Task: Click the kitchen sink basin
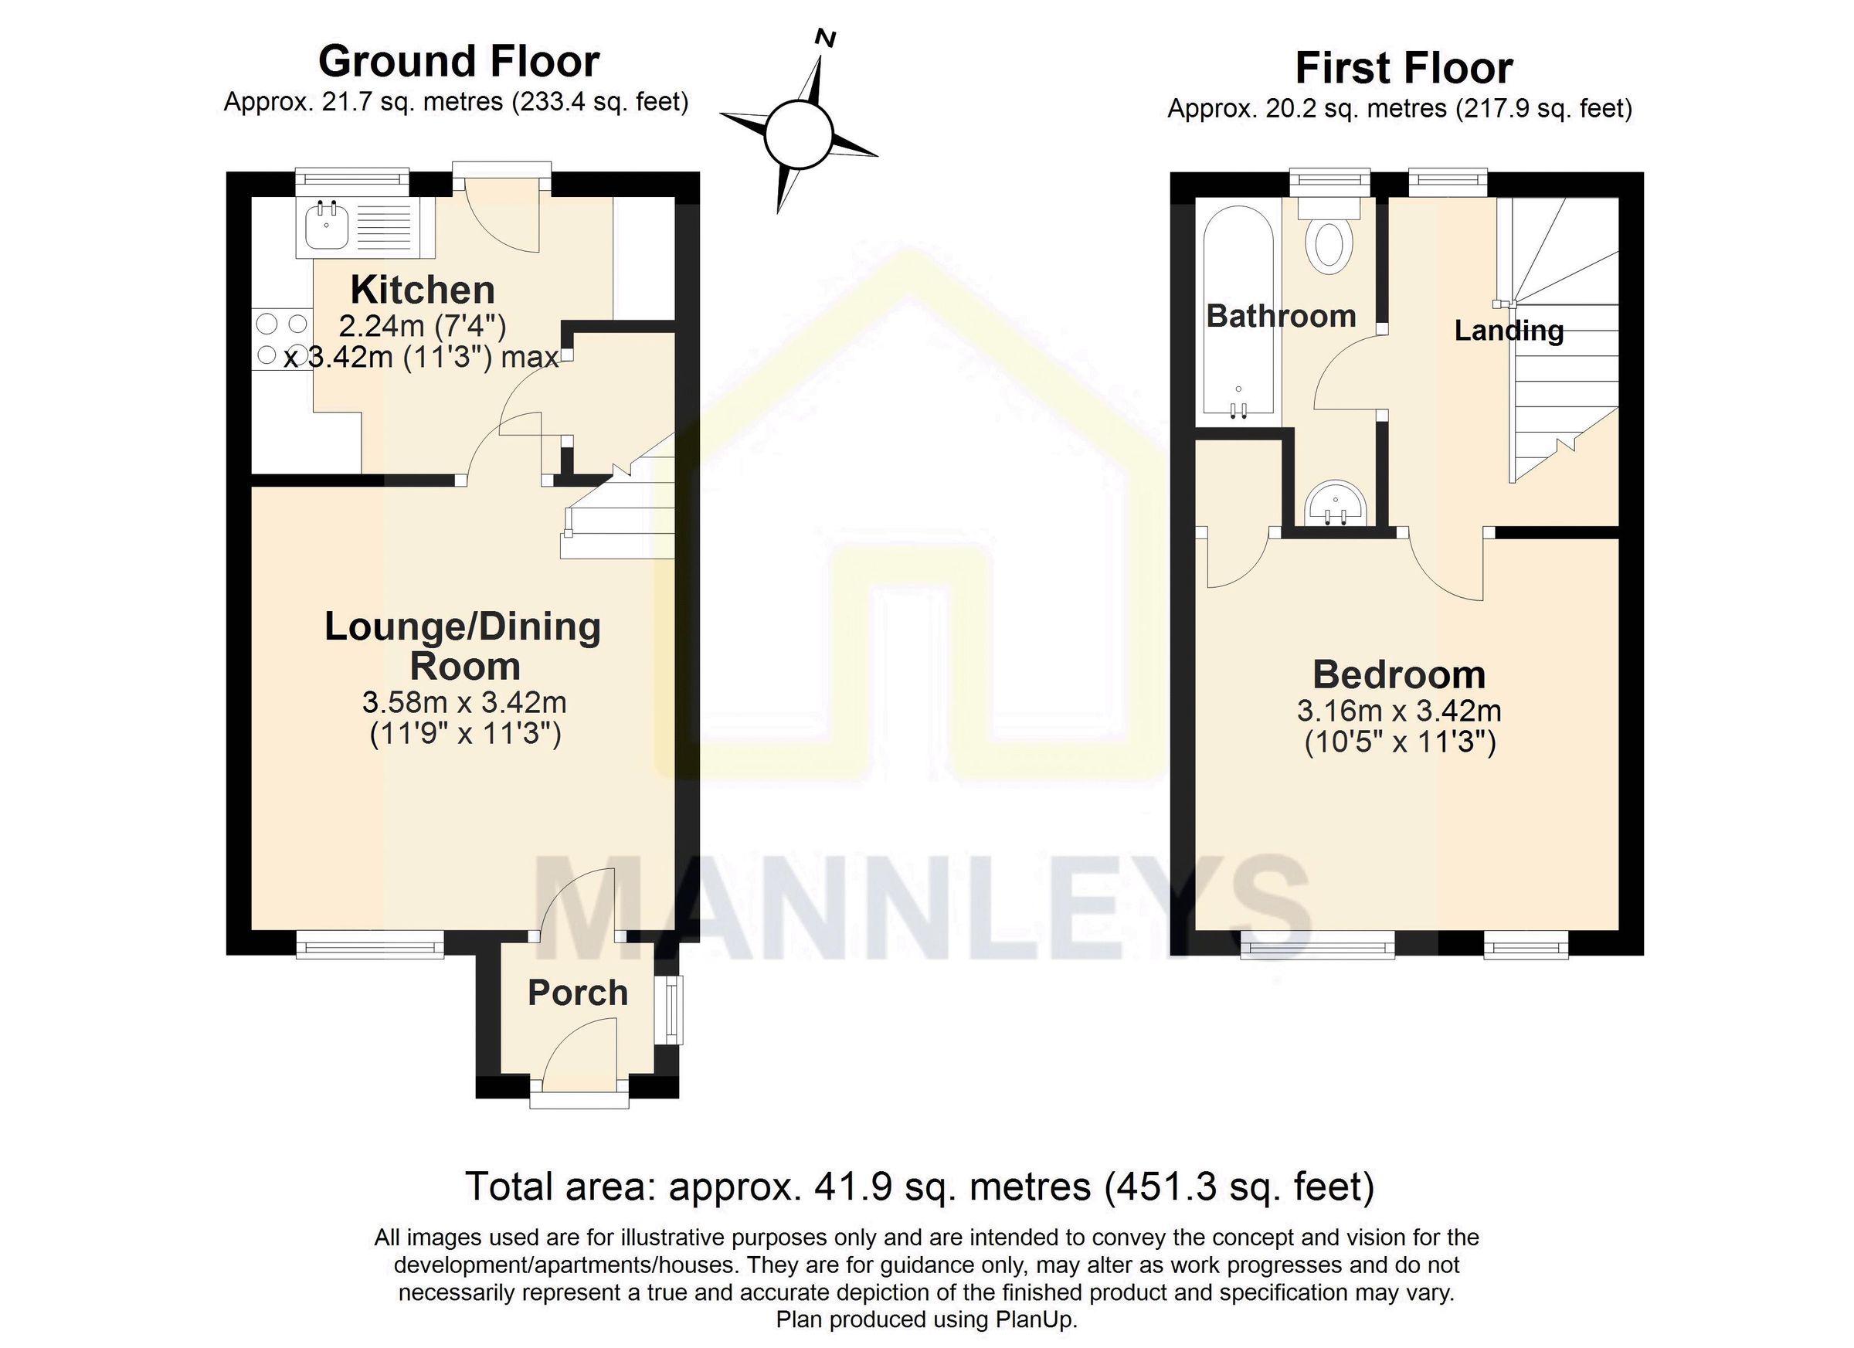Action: pyautogui.click(x=327, y=226)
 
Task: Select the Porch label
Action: pyautogui.click(x=577, y=993)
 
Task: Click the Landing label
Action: pyautogui.click(x=1508, y=331)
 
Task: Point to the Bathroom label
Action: pyautogui.click(x=1281, y=317)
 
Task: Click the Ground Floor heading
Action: pyautogui.click(x=459, y=61)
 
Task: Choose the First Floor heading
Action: pyautogui.click(x=1404, y=68)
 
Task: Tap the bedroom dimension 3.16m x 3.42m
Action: pyautogui.click(x=1399, y=711)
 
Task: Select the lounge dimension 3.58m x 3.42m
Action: pyautogui.click(x=463, y=702)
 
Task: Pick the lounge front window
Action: pyautogui.click(x=369, y=946)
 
